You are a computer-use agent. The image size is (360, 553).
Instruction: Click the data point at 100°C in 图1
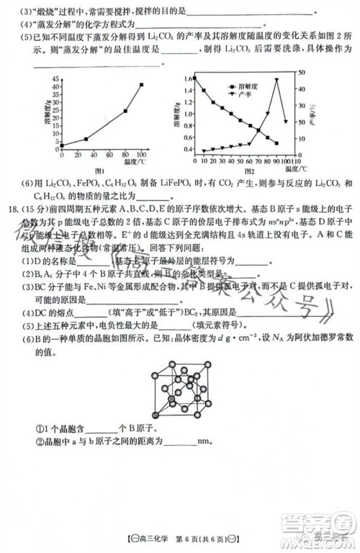(141, 85)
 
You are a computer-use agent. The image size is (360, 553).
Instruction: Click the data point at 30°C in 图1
(86, 139)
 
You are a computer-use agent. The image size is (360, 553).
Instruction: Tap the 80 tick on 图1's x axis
(125, 155)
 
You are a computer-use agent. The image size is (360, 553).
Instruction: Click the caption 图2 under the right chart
(249, 171)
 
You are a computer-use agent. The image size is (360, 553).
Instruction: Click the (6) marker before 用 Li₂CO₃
(28, 184)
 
